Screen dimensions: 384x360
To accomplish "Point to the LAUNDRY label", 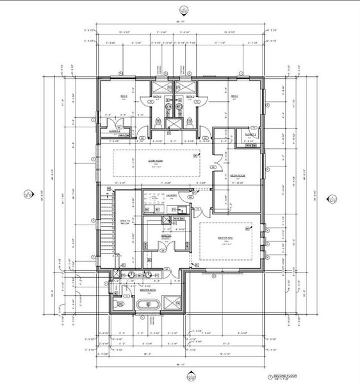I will (171, 195).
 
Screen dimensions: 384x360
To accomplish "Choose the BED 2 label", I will (234, 97).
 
